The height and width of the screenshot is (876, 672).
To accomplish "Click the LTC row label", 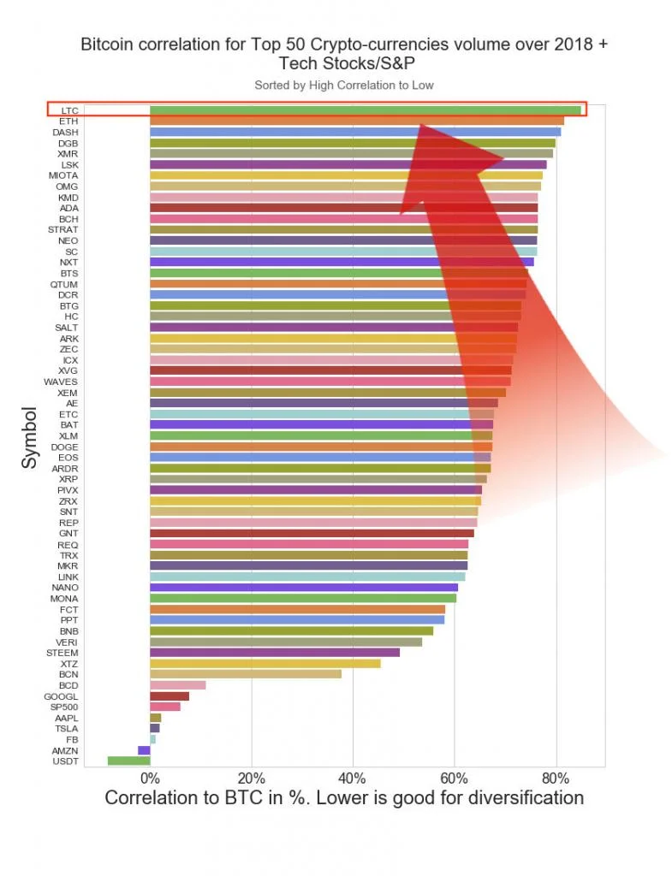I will coord(69,110).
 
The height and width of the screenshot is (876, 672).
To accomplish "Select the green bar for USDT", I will coord(128,761).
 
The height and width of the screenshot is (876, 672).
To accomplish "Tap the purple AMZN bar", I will coord(144,749).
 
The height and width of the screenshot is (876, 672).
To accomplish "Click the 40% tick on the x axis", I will coord(353,778).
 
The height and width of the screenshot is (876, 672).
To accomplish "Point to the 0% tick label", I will coord(150,778).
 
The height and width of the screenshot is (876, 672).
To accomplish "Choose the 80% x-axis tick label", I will coord(556,778).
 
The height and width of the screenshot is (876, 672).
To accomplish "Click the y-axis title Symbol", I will coord(30,436).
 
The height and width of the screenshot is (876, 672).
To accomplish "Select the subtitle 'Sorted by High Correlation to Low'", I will coord(344,85).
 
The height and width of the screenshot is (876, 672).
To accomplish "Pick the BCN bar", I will coord(245,674).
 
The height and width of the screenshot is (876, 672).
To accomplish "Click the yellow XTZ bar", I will coord(265,663).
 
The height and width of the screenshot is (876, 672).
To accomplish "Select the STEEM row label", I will coord(62,653).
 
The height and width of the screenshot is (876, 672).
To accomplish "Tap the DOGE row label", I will coord(64,447).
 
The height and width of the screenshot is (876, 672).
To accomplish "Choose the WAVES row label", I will coord(61,382).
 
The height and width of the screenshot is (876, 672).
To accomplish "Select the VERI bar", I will coord(285,642).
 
